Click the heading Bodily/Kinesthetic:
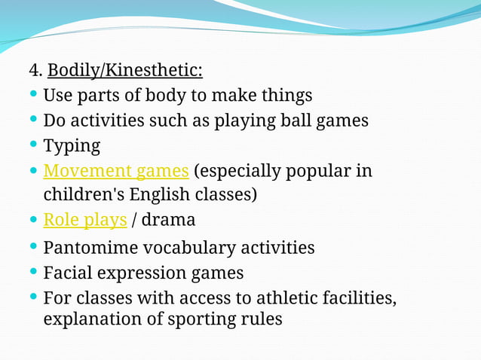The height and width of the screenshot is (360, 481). [125, 72]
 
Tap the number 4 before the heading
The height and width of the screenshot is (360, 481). [34, 72]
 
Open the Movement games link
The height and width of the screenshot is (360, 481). [116, 170]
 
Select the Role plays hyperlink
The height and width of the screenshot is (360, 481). [85, 220]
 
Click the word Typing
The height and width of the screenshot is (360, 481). [72, 145]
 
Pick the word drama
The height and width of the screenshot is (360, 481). [168, 220]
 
